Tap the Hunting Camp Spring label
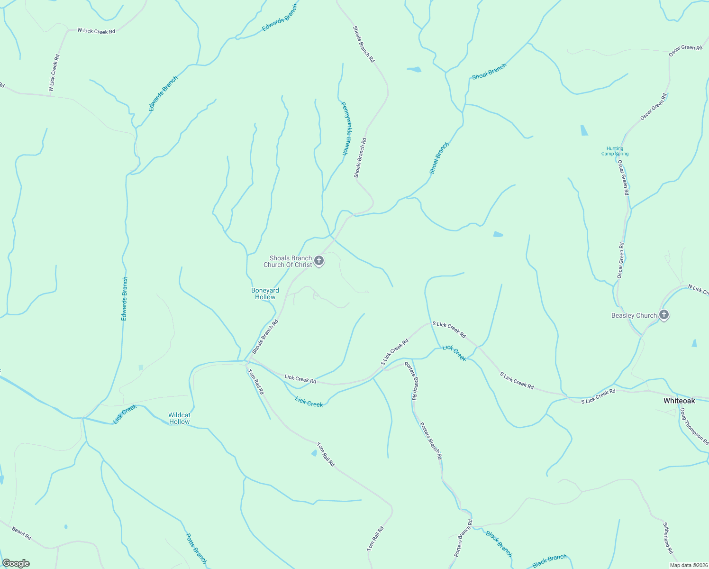click(x=615, y=151)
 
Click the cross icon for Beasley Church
click(x=664, y=315)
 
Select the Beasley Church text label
click(x=634, y=315)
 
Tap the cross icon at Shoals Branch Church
click(x=319, y=261)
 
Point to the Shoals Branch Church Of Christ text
click(x=288, y=262)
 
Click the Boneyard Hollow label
click(x=265, y=294)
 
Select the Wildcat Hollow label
click(x=179, y=418)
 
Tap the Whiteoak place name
click(x=679, y=401)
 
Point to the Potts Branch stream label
click(x=196, y=549)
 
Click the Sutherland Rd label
click(x=667, y=538)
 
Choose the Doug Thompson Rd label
click(x=694, y=427)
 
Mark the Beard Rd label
click(x=21, y=533)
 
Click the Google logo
click(x=16, y=563)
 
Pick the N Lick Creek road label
click(x=698, y=289)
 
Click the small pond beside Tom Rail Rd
click(x=314, y=453)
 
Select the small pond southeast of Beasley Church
click(x=694, y=343)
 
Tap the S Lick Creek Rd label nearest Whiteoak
click(x=598, y=396)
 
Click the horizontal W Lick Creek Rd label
click(x=96, y=31)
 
